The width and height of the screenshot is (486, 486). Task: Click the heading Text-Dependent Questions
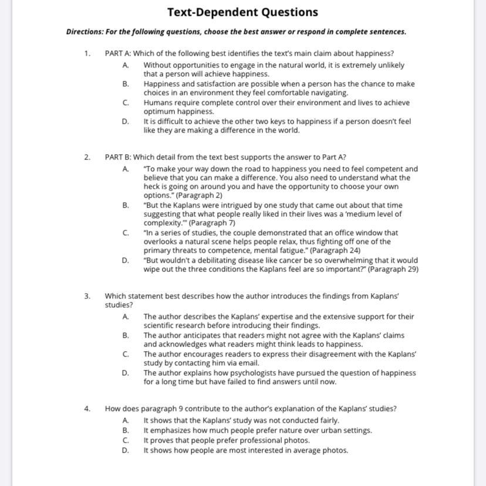click(242, 12)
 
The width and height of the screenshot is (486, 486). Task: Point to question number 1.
click(87, 53)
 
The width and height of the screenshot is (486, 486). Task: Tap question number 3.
click(87, 297)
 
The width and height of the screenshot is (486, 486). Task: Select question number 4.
click(87, 409)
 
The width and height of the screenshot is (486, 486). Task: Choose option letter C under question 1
click(126, 103)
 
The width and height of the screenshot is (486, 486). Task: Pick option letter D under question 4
click(126, 451)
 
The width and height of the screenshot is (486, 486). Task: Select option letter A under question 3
click(126, 317)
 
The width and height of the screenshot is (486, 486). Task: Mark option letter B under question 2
click(126, 205)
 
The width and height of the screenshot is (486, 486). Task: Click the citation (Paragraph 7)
click(212, 223)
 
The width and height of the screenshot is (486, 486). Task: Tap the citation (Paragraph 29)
click(393, 270)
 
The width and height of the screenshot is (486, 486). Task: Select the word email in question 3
click(249, 363)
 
